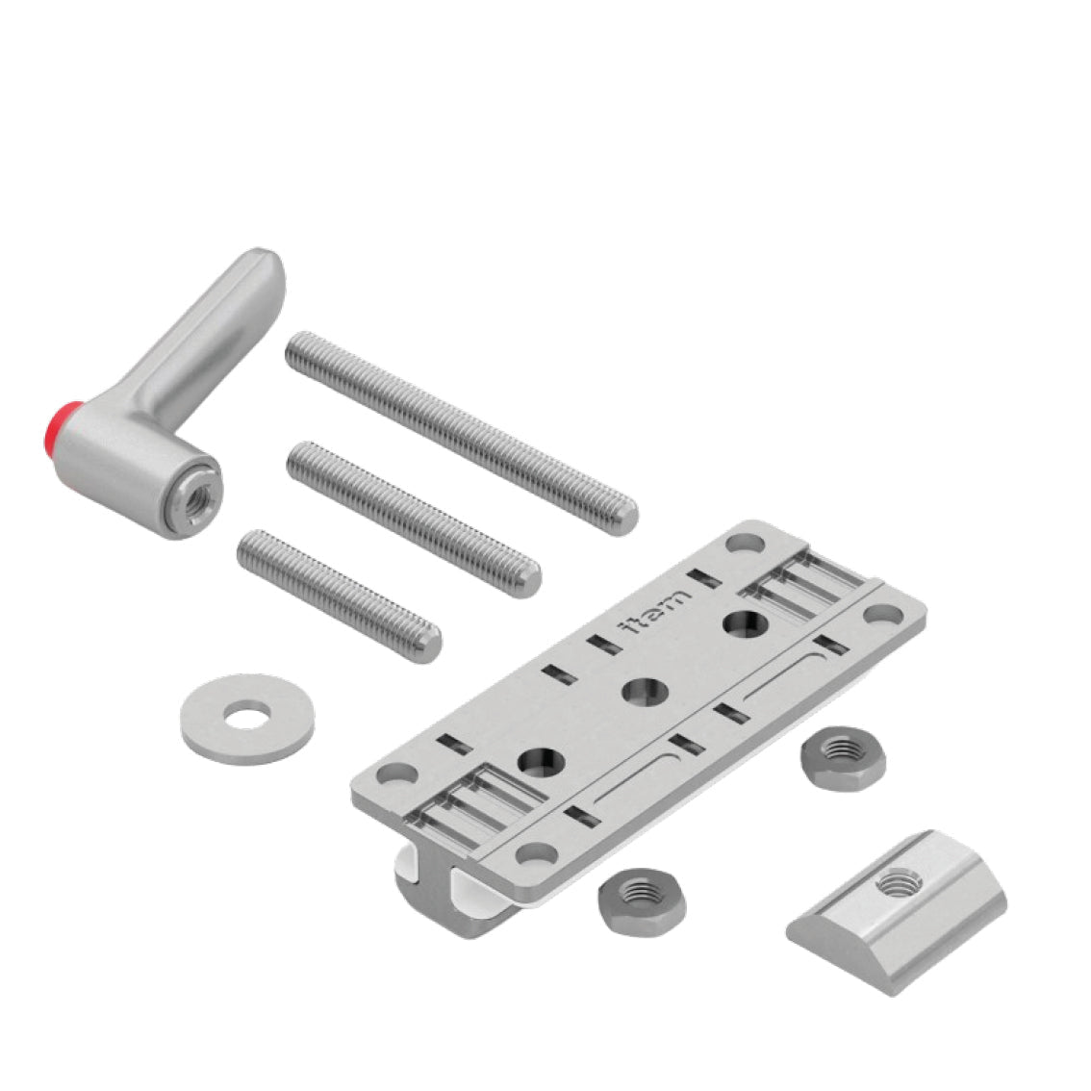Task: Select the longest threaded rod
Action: coord(461,433)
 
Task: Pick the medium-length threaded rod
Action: coord(414,520)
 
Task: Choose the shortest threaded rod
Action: coord(339,596)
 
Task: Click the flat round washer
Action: coord(247,719)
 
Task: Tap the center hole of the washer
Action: coord(247,716)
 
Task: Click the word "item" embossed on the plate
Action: coord(655,611)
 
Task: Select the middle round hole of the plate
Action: coord(645,692)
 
